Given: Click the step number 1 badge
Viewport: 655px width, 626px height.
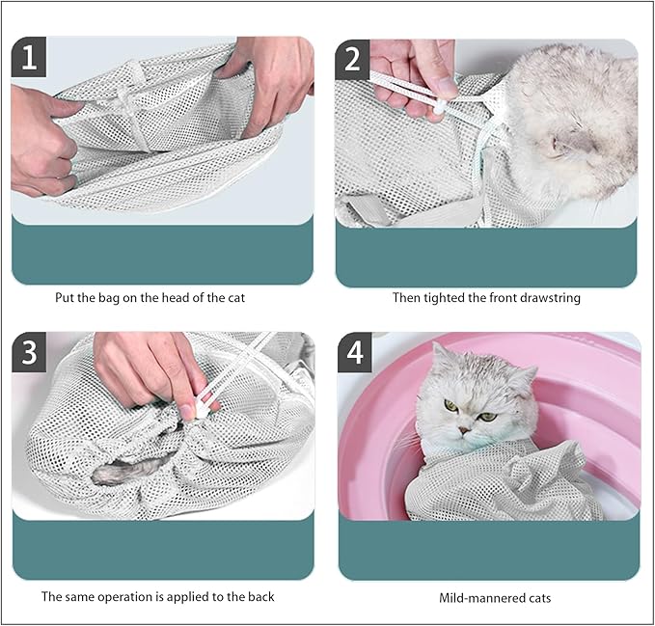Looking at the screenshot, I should (29, 58).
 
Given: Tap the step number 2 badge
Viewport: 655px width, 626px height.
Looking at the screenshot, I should (353, 60).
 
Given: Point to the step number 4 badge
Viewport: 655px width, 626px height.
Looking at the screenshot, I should (355, 353).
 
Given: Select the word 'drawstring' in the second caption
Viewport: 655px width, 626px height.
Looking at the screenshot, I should (547, 297).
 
